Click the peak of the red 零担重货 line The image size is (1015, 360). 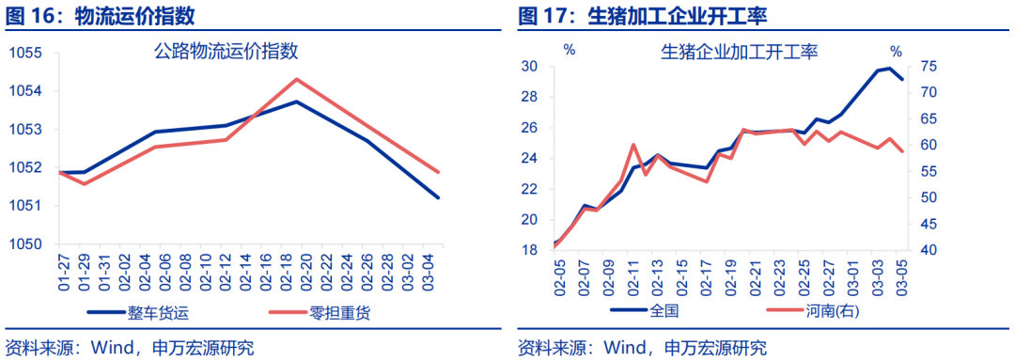(296, 79)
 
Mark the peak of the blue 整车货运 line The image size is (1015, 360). (296, 102)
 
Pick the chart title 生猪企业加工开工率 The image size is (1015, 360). (740, 52)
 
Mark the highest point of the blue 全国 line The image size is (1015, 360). (889, 68)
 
